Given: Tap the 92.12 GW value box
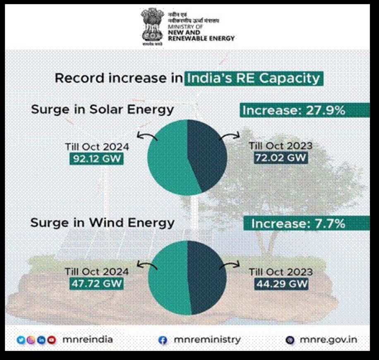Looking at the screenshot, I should [96, 158].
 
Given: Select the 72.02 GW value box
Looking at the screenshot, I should [280, 158].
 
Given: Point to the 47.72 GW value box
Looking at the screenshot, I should [96, 284].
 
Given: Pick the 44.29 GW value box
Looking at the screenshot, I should [280, 284].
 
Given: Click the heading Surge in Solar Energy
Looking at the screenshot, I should [102, 110].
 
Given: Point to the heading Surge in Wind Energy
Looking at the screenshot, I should [102, 223].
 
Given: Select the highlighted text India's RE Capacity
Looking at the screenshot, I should [253, 78].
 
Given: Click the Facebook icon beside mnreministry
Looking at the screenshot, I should [163, 340].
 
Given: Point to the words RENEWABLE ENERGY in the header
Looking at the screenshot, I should [201, 38].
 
